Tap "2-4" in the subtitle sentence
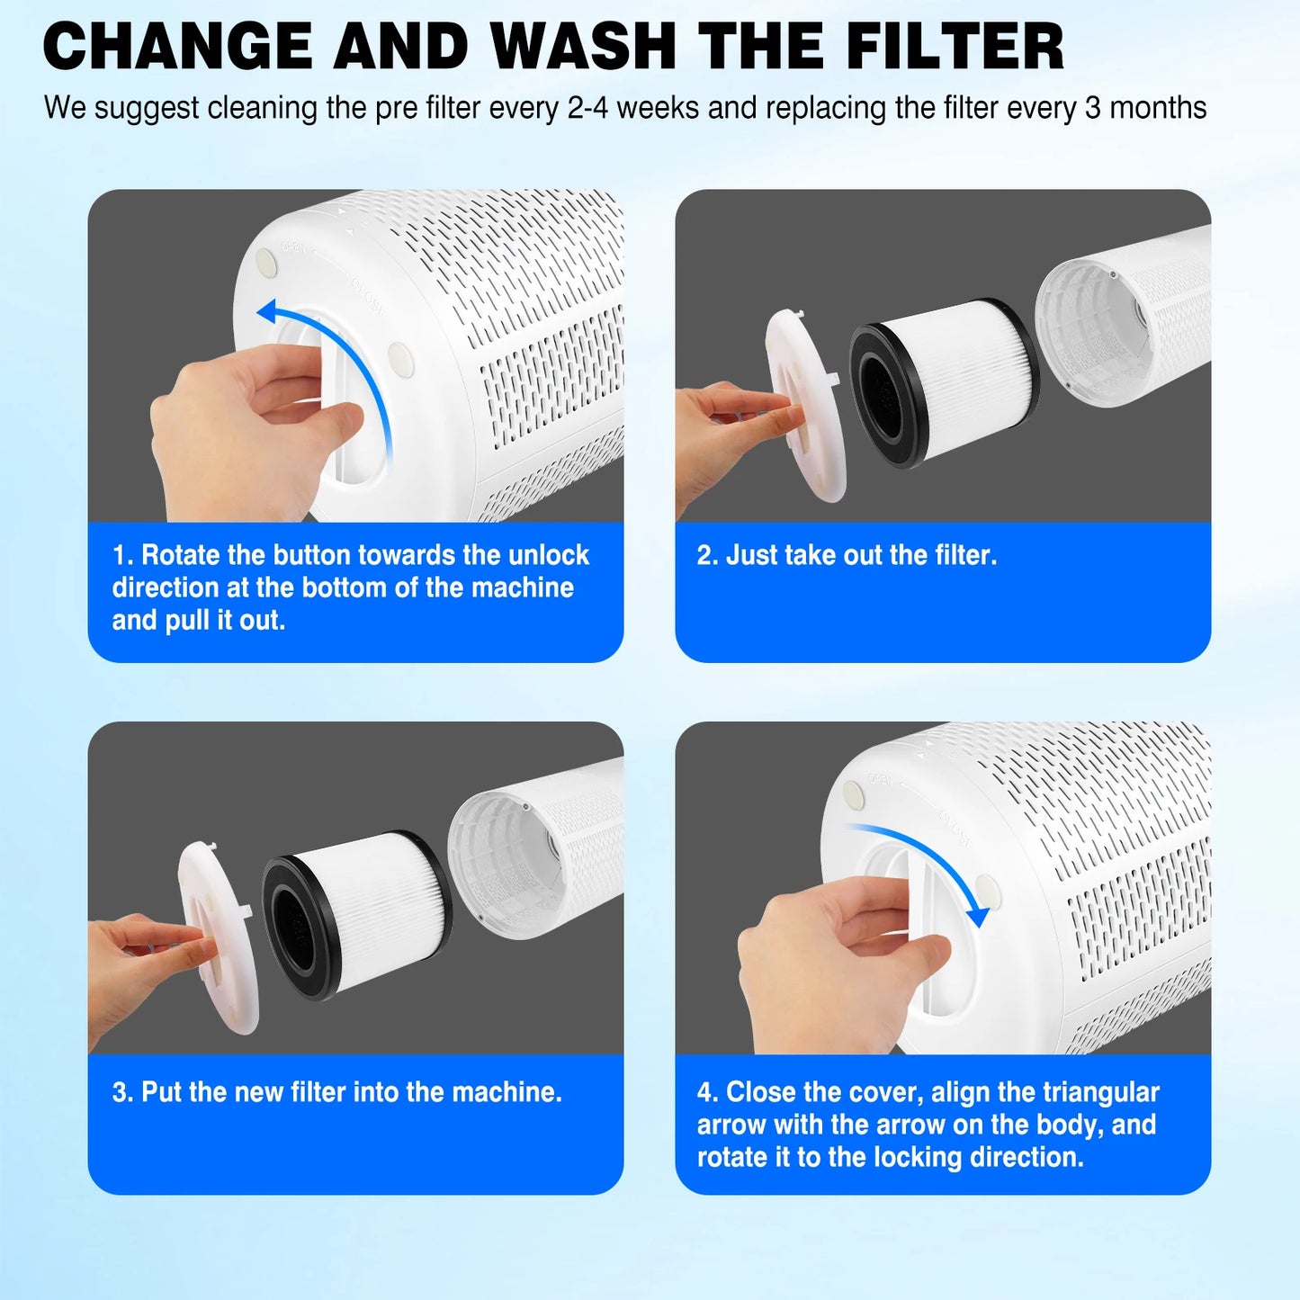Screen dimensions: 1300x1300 point(588,108)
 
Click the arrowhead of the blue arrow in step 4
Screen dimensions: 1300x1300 point(977,917)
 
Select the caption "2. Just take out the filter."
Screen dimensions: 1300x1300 point(847,555)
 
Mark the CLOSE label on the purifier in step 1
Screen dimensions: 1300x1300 point(370,297)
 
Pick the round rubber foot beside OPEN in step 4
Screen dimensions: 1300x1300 point(853,793)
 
